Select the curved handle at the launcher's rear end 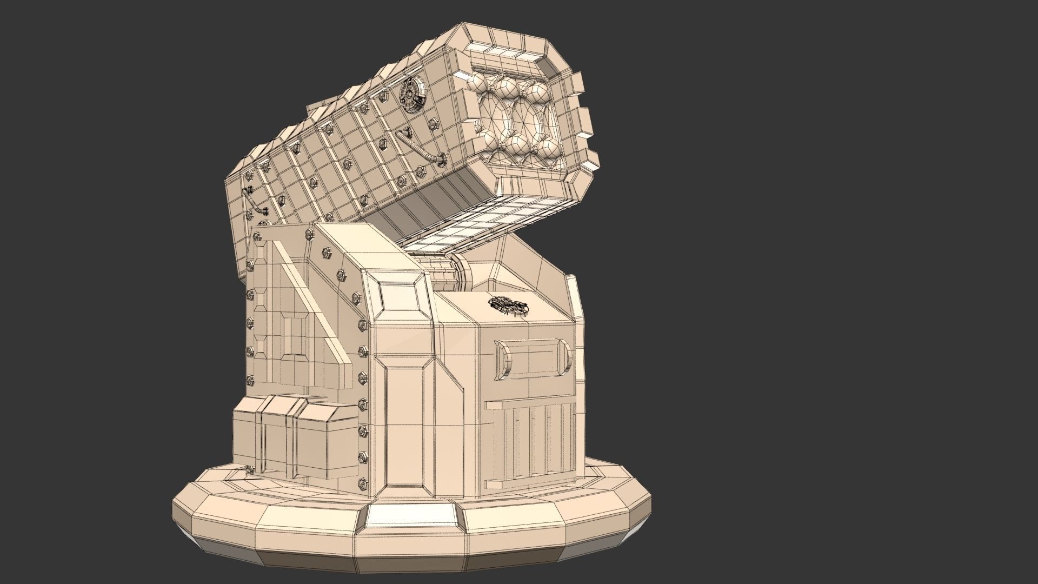tap(254, 202)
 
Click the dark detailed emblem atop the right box tap(506, 306)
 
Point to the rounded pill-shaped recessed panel tap(533, 358)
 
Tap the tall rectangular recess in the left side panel tap(295, 335)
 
